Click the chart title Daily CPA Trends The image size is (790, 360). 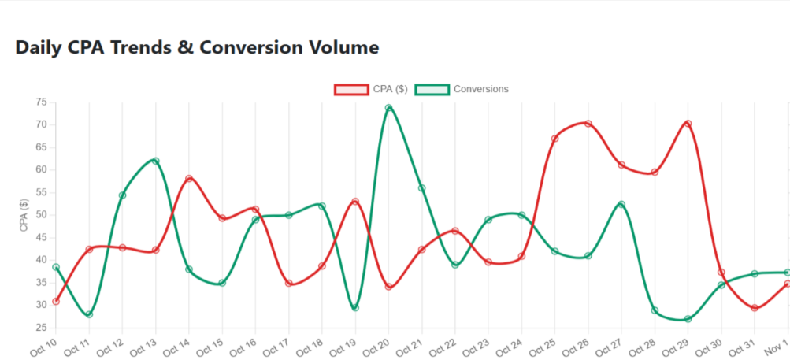[x=197, y=47]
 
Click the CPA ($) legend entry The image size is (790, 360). [x=371, y=89]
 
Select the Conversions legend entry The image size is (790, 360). [x=462, y=89]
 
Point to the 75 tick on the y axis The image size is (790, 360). [x=41, y=102]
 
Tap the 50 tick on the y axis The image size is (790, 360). [x=41, y=215]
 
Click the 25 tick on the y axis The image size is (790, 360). [x=41, y=328]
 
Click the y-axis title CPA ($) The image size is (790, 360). [x=24, y=215]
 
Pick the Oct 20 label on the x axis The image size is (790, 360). [x=377, y=346]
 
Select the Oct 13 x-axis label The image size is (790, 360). [x=144, y=346]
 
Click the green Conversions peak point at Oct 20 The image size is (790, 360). [x=389, y=108]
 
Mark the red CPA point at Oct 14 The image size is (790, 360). [x=189, y=179]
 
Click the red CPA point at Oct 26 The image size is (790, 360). [x=588, y=124]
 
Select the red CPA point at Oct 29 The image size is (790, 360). [x=688, y=124]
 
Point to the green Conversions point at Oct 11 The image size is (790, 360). [x=89, y=314]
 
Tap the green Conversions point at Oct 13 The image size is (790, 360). [x=156, y=161]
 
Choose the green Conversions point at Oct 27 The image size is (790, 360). [x=621, y=204]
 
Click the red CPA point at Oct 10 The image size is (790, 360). [x=56, y=301]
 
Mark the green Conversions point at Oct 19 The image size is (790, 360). [x=355, y=307]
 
